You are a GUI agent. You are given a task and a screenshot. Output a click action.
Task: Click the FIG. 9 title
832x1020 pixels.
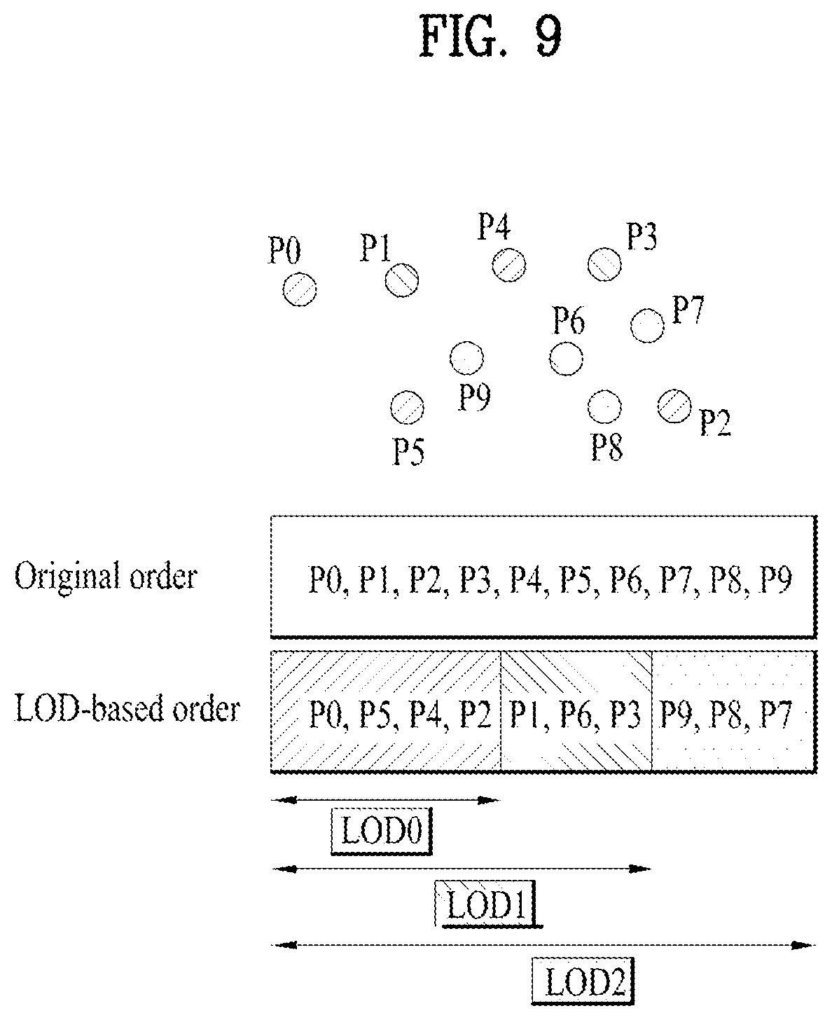(x=490, y=36)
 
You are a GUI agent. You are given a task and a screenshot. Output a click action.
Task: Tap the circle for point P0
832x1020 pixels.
(x=300, y=289)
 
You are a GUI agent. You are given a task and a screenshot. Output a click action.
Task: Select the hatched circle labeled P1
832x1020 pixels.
(x=402, y=280)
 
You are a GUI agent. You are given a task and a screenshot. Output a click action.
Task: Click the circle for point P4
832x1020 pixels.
(x=509, y=265)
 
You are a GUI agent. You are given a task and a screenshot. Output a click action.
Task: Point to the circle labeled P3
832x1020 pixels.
(x=605, y=264)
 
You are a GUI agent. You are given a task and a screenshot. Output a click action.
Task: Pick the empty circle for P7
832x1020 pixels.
(x=647, y=326)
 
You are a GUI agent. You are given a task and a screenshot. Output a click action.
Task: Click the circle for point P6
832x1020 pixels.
(x=566, y=359)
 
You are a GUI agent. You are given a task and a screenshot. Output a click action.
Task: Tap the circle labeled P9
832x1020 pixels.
(x=466, y=358)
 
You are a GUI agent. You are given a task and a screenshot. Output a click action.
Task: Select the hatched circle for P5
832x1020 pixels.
(x=407, y=408)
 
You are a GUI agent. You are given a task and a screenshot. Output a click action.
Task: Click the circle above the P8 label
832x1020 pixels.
(x=605, y=407)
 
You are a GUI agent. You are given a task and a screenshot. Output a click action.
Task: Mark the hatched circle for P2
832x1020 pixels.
(x=674, y=406)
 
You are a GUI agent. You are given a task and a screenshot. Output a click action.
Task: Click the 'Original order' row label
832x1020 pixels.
(x=106, y=577)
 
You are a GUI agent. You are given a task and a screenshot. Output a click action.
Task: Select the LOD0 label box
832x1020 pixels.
(x=382, y=831)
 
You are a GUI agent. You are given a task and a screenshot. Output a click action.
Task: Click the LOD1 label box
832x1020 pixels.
(x=487, y=904)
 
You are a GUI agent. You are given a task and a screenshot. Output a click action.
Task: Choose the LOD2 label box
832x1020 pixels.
(x=583, y=981)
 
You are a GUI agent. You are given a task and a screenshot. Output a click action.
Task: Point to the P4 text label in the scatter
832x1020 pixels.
(x=494, y=226)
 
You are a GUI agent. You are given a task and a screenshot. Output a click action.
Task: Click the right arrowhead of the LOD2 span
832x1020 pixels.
(x=803, y=945)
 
